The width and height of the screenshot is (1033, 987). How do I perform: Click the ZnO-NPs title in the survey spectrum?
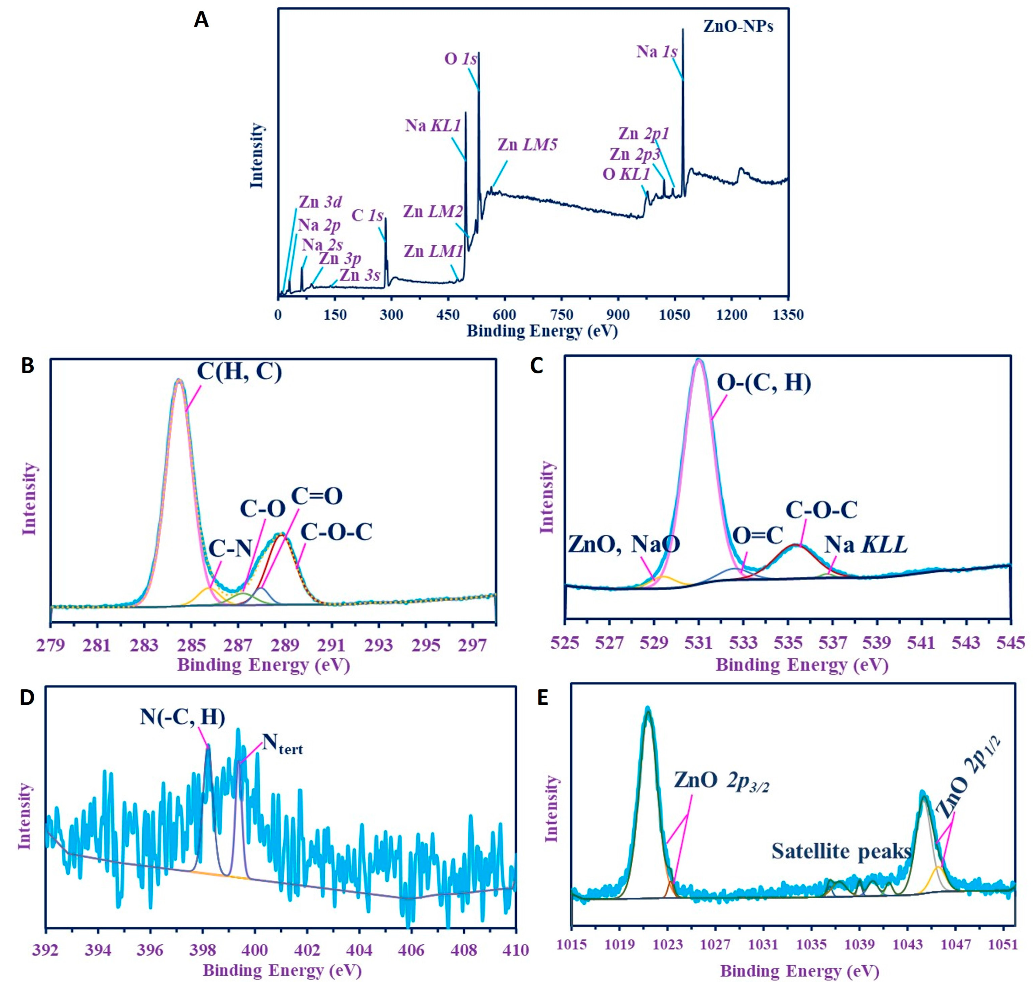coord(738,26)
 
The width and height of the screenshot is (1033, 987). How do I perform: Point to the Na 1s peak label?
coord(656,52)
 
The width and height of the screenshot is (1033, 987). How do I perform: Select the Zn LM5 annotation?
coord(527,145)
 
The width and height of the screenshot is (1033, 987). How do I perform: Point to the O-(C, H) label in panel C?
coord(764,383)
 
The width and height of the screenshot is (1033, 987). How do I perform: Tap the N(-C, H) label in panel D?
coord(183,717)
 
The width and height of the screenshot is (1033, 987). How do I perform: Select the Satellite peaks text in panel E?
coord(841,851)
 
